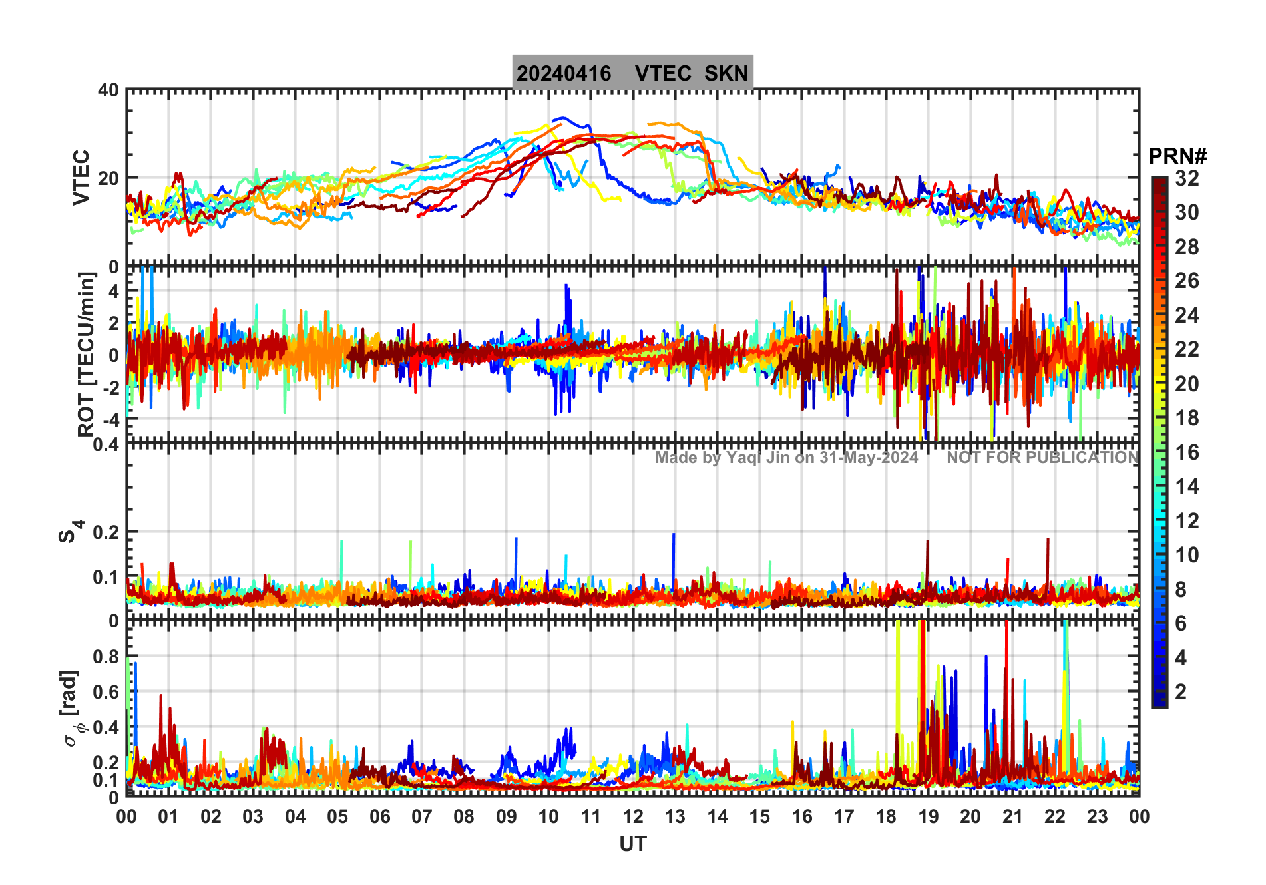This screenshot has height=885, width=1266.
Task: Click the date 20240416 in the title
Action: click(x=564, y=73)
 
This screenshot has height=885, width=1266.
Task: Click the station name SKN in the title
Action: click(x=726, y=73)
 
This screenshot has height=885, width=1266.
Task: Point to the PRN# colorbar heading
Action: click(x=1177, y=156)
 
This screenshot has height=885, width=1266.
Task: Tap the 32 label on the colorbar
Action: click(x=1187, y=178)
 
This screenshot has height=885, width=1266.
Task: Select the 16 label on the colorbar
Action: click(x=1187, y=452)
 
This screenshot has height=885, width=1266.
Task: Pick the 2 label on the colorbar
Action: click(x=1181, y=692)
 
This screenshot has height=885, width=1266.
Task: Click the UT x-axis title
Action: click(x=632, y=844)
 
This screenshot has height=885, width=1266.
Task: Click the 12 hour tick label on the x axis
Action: click(x=632, y=817)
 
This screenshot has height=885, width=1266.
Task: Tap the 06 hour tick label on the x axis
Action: click(x=379, y=817)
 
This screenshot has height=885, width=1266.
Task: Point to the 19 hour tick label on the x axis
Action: click(x=928, y=817)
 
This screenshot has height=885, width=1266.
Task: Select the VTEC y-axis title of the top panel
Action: click(x=81, y=177)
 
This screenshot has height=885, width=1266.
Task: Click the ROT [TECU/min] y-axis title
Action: click(x=87, y=354)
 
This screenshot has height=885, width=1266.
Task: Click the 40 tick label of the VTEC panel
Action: click(x=108, y=90)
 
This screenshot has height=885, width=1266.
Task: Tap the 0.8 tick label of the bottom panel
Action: click(x=105, y=657)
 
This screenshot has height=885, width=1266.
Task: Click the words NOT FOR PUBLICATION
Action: click(x=1042, y=458)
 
